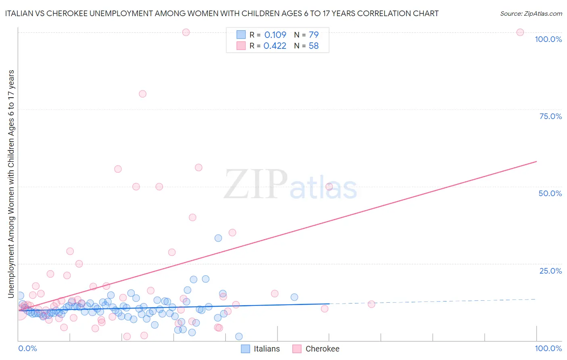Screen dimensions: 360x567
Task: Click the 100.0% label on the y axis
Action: pos(548,39)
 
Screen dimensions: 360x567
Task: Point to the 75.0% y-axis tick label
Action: pos(550,116)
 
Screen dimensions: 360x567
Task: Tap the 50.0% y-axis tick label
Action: pos(550,193)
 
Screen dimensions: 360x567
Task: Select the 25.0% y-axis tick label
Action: pos(550,270)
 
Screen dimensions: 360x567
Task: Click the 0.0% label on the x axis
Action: pos(27,348)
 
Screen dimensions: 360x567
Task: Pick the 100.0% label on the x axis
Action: pos(548,348)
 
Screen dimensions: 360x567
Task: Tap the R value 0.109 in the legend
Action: pos(275,35)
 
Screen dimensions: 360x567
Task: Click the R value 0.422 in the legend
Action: pos(275,46)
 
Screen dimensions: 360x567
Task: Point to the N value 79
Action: pos(313,35)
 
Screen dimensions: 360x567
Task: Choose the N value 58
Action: pos(313,46)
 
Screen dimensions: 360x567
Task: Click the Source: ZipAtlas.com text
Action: pos(531,13)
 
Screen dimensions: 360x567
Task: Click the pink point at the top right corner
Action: pos(520,32)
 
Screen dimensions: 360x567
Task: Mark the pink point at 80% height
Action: pos(142,94)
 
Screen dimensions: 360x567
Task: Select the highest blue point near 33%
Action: pos(218,238)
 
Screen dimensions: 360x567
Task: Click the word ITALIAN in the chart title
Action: pos(19,13)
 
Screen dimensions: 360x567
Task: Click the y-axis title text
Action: pos(11,184)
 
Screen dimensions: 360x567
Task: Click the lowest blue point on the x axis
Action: pos(239,337)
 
